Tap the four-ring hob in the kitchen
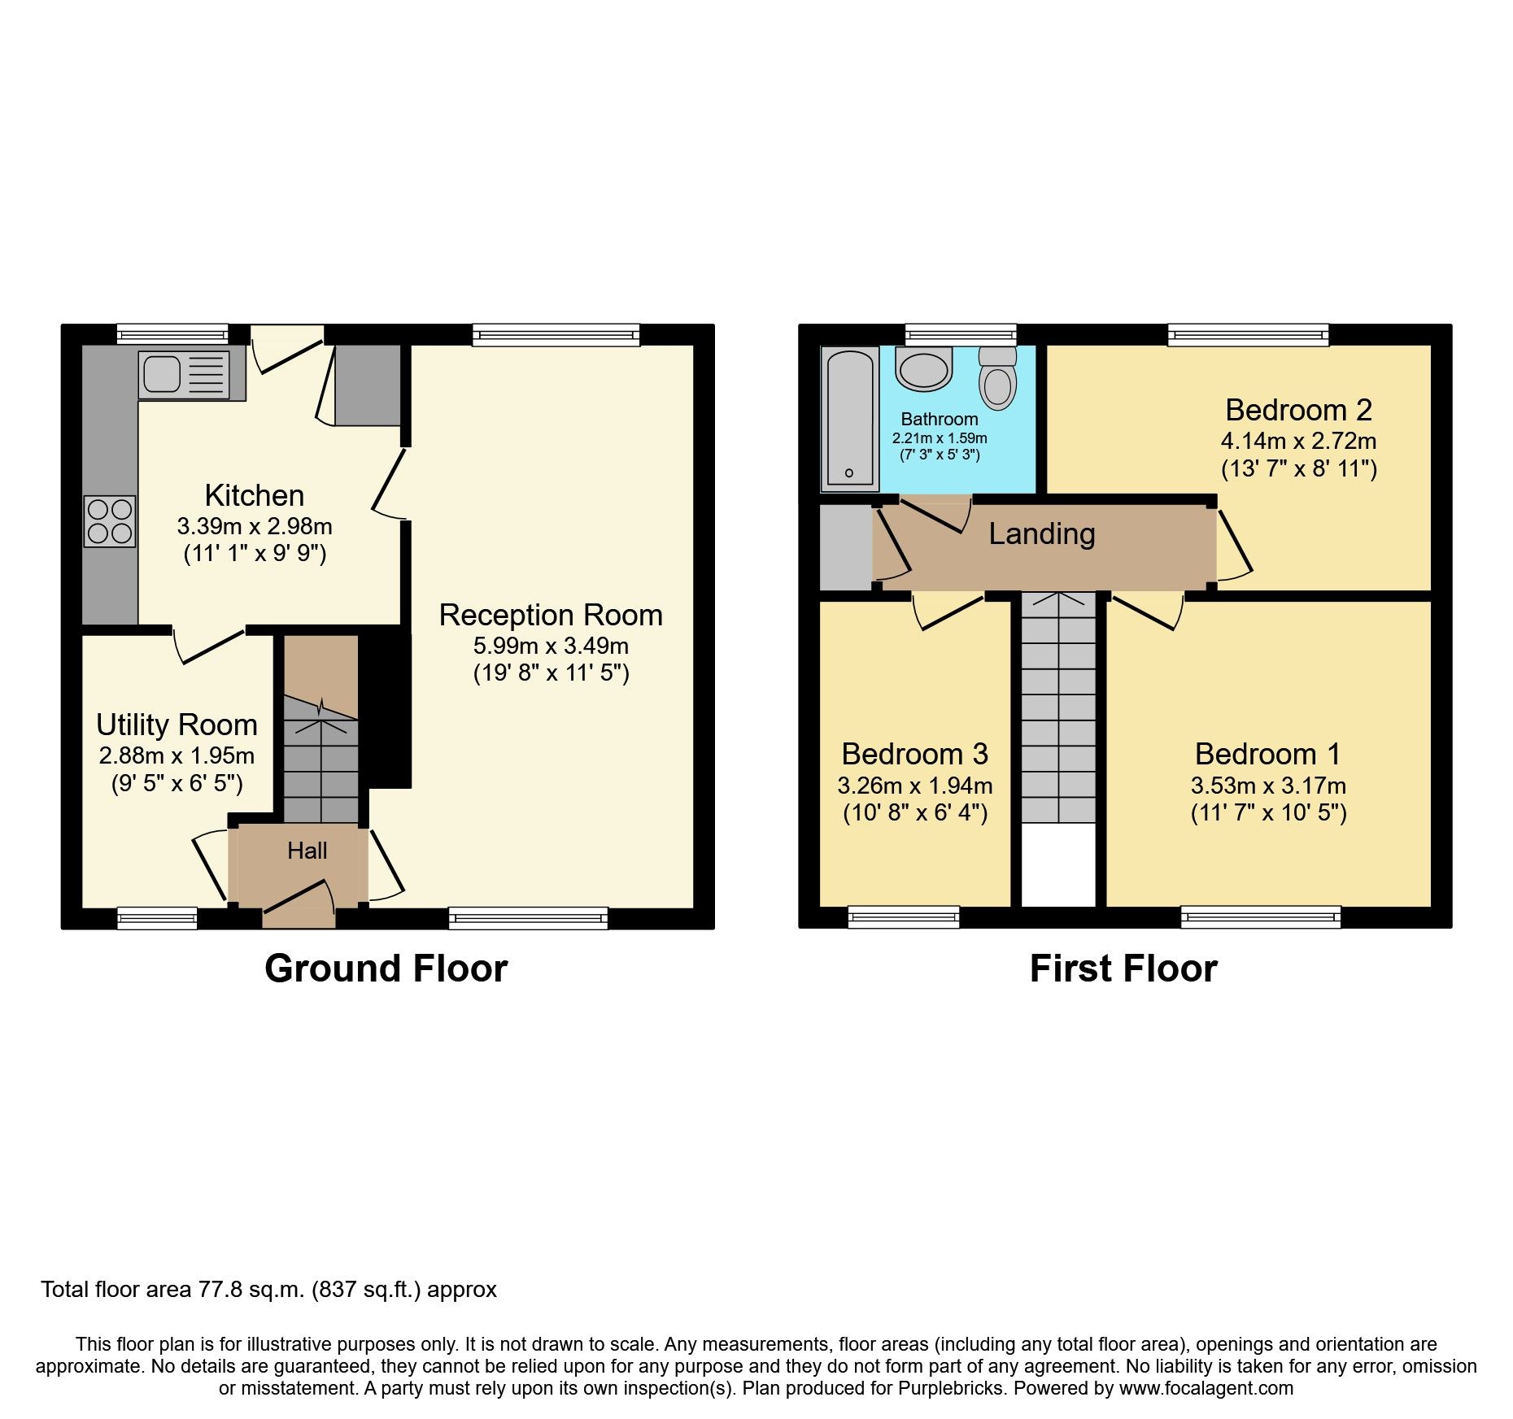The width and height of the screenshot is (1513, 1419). [x=110, y=521]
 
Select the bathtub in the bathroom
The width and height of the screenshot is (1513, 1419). [x=850, y=419]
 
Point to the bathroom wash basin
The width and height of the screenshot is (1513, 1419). [x=924, y=368]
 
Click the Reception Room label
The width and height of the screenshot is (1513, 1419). [x=551, y=615]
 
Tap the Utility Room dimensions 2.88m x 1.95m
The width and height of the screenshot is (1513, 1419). [x=177, y=755]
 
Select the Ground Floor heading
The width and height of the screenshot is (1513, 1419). [x=386, y=968]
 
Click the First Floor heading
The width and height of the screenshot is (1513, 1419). [x=1123, y=968]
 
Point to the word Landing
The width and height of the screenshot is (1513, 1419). [x=1042, y=534]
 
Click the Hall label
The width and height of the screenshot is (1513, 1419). [x=307, y=851]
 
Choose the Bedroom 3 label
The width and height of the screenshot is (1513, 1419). [x=914, y=754]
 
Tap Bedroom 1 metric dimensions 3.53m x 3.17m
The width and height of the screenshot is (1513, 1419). [x=1268, y=786]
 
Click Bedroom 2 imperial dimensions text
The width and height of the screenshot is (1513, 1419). [x=1298, y=468]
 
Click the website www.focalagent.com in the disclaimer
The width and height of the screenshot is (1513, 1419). [x=1206, y=1388]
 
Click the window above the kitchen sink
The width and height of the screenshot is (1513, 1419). [x=172, y=334]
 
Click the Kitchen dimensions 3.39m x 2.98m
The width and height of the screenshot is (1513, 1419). [x=255, y=526]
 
